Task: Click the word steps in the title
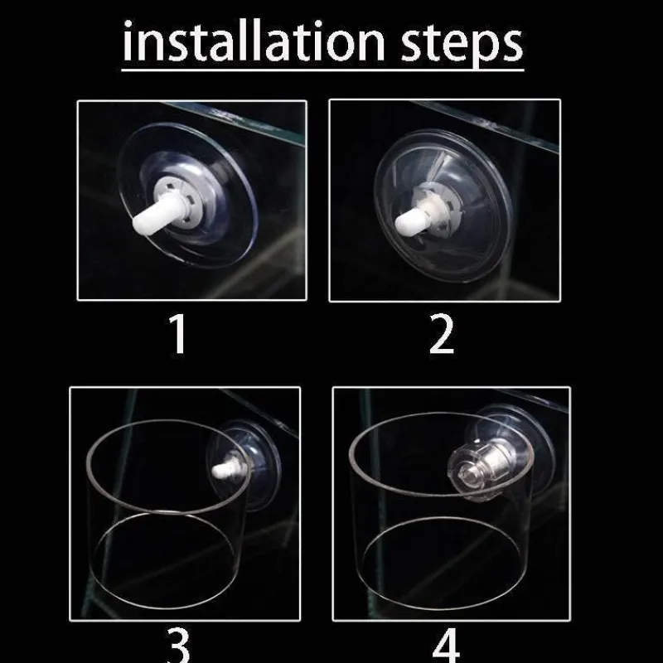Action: click(462, 44)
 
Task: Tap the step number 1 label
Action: click(178, 334)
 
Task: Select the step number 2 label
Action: click(442, 334)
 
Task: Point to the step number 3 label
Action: click(178, 646)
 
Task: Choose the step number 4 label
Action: click(446, 646)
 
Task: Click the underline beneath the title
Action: click(322, 69)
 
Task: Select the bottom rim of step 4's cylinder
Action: click(442, 608)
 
